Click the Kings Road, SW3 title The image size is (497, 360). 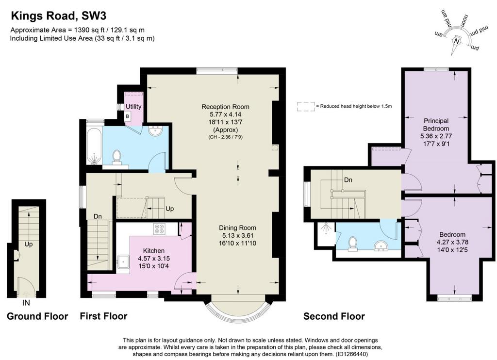pos(59,16)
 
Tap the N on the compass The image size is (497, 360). pos(456,41)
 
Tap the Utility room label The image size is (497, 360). pos(133,106)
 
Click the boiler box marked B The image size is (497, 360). pos(128,116)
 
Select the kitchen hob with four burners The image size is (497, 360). pos(159,229)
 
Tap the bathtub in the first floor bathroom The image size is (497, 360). pos(94,146)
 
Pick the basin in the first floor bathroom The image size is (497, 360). pos(155,131)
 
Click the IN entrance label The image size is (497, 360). pos(26,303)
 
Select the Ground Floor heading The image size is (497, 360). pos(37,316)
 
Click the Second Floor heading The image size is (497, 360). pos(334,316)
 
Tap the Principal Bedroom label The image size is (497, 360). pos(436,125)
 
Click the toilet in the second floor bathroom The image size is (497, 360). pos(352,244)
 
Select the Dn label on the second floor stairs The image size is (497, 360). pos(348,180)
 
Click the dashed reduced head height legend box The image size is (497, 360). pos(306,106)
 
